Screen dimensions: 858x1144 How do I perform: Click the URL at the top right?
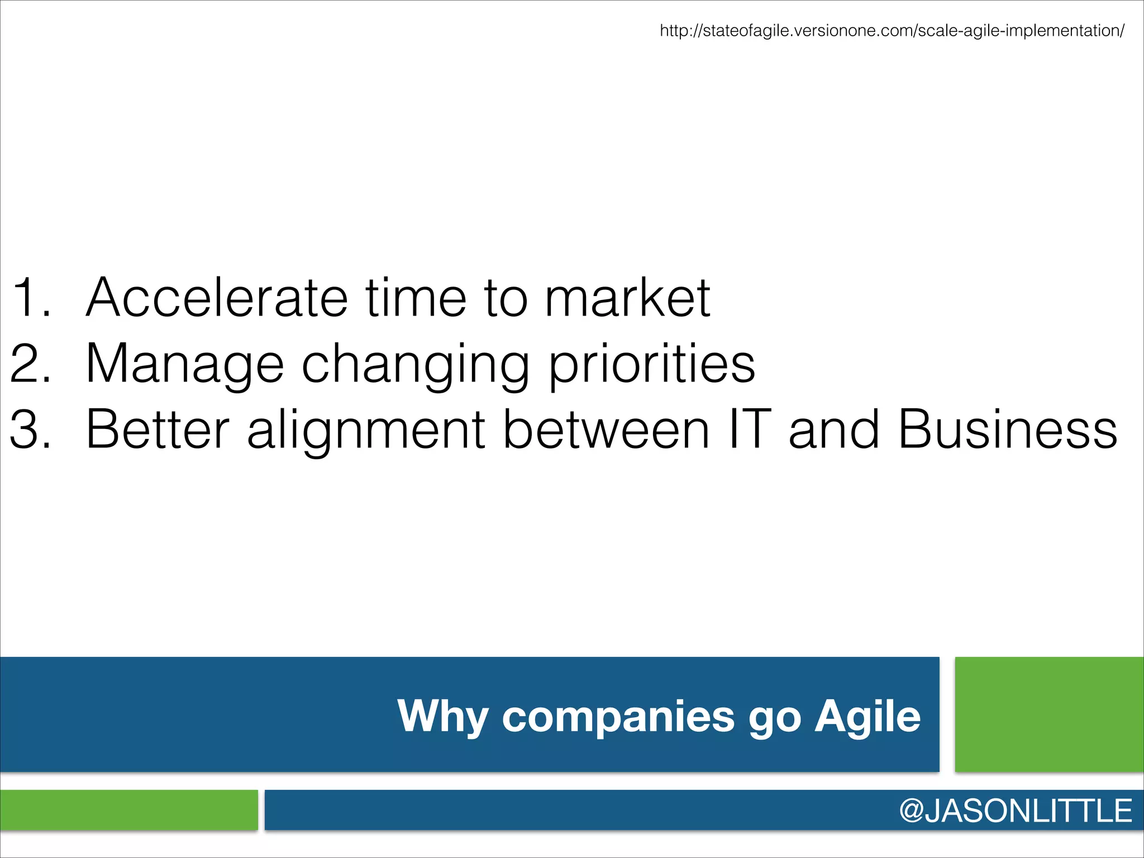pyautogui.click(x=892, y=30)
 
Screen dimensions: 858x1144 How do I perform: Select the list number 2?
pyautogui.click(x=31, y=364)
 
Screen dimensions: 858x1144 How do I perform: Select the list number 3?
pyautogui.click(x=31, y=429)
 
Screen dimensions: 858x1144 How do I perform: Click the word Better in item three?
pyautogui.click(x=158, y=429)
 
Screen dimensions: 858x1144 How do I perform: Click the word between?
pyautogui.click(x=606, y=429)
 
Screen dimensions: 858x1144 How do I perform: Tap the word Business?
pyautogui.click(x=1008, y=429)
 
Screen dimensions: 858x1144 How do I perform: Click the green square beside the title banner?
pyautogui.click(x=1049, y=714)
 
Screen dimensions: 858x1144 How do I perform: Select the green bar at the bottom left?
pyautogui.click(x=128, y=809)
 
